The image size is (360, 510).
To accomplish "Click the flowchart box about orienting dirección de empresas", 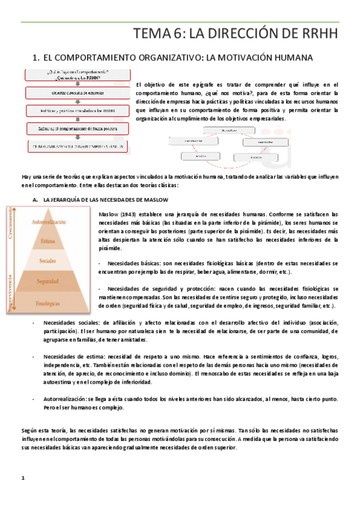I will point(77,93).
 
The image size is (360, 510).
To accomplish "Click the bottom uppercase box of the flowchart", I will point(77,146).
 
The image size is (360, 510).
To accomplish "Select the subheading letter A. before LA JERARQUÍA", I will point(35,199).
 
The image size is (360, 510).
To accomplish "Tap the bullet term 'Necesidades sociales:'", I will point(69,322).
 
